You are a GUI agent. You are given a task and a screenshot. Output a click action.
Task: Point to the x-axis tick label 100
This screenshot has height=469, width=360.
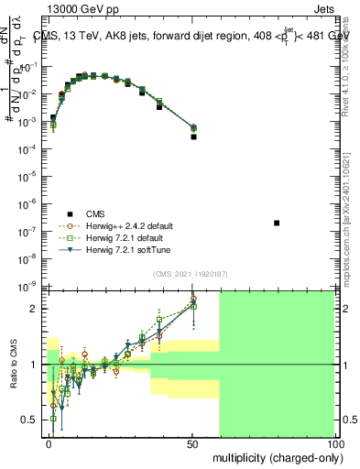(335, 442)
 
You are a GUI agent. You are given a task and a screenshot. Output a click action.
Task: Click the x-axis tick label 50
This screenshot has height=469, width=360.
(192, 442)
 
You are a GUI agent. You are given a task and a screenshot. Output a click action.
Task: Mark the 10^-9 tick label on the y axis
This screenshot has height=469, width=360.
(31, 287)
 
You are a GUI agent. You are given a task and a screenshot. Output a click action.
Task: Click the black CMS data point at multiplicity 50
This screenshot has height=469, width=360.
(193, 136)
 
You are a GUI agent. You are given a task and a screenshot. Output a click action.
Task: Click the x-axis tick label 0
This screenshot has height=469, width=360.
(49, 442)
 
